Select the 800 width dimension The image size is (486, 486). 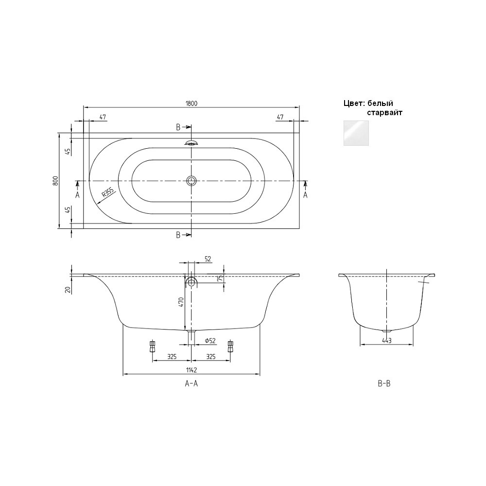click(x=56, y=181)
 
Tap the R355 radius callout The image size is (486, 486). click(x=108, y=193)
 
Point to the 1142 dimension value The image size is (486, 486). click(x=191, y=370)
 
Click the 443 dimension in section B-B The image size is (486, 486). click(x=387, y=340)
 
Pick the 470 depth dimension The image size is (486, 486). click(x=181, y=302)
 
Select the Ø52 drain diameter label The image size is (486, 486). click(x=210, y=341)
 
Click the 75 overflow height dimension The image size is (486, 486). click(x=220, y=278)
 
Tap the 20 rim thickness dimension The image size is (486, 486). click(x=69, y=290)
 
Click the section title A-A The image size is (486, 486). click(x=191, y=384)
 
